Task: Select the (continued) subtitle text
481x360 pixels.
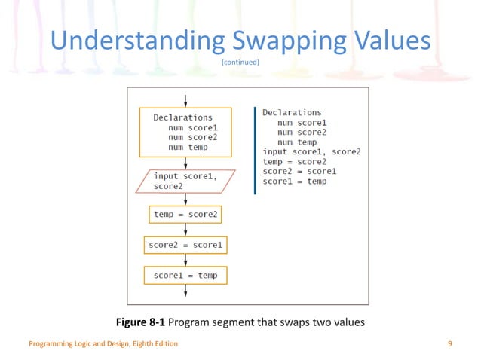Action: coord(240,63)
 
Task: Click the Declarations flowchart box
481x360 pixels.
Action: coord(185,133)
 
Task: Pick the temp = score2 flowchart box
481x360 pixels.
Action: coord(185,215)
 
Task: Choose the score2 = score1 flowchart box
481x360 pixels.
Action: coord(185,246)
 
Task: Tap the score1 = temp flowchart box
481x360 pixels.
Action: coord(185,276)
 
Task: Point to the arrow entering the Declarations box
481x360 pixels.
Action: coord(185,101)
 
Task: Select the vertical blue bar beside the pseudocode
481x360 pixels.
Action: coord(256,151)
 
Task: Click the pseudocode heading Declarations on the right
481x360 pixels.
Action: coord(292,112)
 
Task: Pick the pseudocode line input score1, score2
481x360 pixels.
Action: coord(311,151)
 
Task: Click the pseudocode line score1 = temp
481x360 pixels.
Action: coord(295,182)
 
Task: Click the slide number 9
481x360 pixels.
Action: coord(449,344)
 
